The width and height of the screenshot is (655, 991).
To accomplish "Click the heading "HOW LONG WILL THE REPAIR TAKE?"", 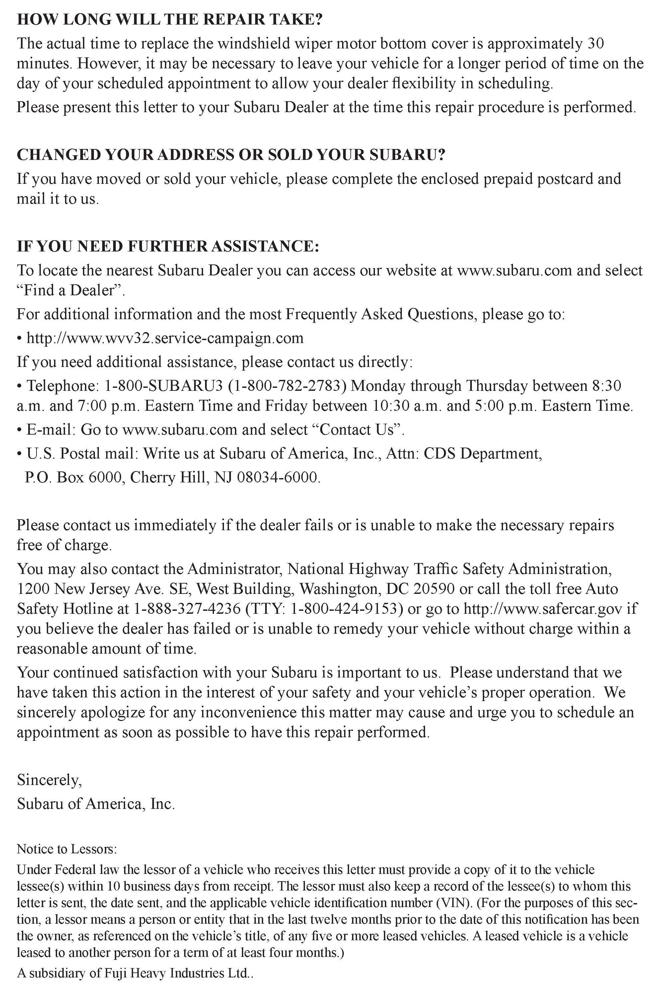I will pyautogui.click(x=170, y=20).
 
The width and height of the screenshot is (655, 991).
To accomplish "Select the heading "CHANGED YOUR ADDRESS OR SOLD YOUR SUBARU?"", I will pyautogui.click(x=231, y=155).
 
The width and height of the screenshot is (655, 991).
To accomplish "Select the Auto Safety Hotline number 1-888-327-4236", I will pyautogui.click(x=187, y=608).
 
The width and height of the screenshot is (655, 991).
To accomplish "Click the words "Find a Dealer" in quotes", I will pyautogui.click(x=71, y=290).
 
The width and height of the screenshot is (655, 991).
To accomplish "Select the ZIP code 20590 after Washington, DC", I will pyautogui.click(x=434, y=589).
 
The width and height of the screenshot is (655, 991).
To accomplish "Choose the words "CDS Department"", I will pyautogui.click(x=482, y=454).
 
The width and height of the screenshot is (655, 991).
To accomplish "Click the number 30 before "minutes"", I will pyautogui.click(x=595, y=43).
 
